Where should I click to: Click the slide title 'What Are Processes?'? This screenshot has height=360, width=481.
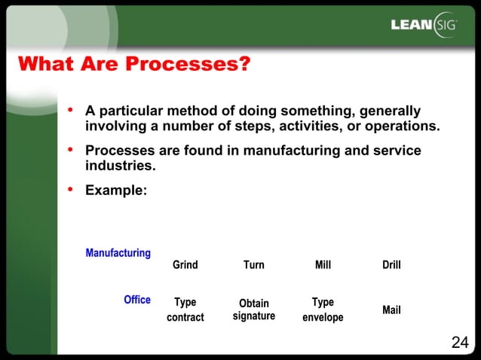click(x=133, y=64)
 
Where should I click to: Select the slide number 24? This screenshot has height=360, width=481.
click(x=459, y=343)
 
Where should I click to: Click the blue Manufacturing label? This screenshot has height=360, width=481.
click(x=118, y=253)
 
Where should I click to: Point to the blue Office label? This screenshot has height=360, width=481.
click(x=137, y=300)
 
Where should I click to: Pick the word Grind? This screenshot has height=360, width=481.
click(x=185, y=265)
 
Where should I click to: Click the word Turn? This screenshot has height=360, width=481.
click(x=254, y=265)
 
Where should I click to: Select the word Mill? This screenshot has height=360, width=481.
click(x=323, y=265)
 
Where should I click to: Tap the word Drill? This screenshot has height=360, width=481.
click(x=391, y=265)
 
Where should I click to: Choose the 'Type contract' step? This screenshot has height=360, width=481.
click(x=185, y=310)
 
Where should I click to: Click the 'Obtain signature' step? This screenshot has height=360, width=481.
click(x=254, y=310)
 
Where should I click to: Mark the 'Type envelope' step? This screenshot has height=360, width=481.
click(x=323, y=310)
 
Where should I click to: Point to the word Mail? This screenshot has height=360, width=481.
click(x=391, y=310)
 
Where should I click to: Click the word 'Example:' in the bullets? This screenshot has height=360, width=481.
click(x=116, y=191)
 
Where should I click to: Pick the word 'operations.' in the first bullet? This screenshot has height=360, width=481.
click(x=403, y=125)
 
